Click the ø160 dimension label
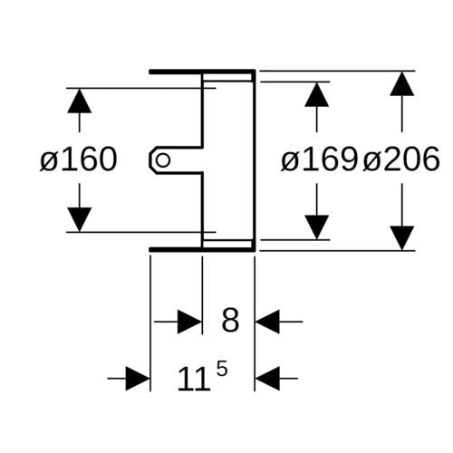tap(79, 159)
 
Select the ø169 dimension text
tap(319, 159)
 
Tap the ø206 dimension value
tap(401, 159)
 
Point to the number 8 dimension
tap(230, 320)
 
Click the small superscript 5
tap(222, 369)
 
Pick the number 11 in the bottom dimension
tap(193, 379)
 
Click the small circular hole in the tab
tap(163, 160)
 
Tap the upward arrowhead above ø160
tap(80, 101)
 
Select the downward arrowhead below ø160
tap(80, 219)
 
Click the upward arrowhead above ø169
tap(316, 94)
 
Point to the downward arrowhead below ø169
tap(316, 227)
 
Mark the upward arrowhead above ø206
tap(401, 83)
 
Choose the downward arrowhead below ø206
tap(401, 238)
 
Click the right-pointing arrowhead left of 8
tap(189, 322)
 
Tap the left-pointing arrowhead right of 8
tap(267, 322)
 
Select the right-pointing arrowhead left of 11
tap(138, 378)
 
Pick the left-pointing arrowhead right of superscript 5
tap(267, 378)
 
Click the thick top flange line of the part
tap(202, 72)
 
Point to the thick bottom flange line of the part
tap(202, 249)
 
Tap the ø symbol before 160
tap(48, 162)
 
